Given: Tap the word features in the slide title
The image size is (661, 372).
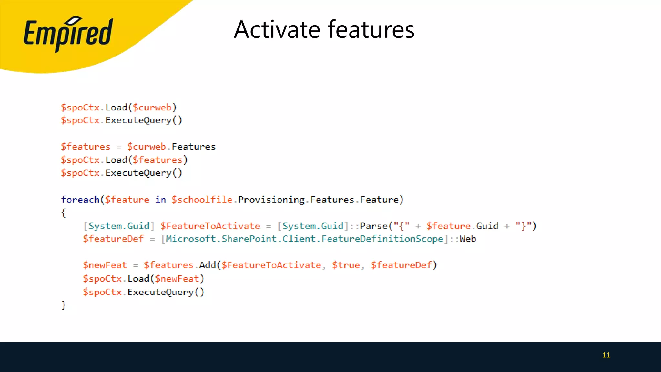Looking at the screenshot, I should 371,30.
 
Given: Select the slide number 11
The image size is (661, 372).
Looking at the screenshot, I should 606,355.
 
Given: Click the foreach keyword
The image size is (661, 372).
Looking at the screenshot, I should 80,200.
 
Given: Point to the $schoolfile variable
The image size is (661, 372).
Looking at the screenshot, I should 202,200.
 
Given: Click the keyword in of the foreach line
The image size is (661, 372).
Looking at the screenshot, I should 160,200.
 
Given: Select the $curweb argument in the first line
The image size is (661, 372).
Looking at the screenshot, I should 152,108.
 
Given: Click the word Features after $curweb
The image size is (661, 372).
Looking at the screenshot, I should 193,147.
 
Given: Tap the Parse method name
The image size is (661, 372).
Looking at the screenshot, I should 374,226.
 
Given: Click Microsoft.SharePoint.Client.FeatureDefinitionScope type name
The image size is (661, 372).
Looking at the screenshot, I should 304,239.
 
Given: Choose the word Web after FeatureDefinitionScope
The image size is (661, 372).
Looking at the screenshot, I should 468,239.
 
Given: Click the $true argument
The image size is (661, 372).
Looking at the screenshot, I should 346,265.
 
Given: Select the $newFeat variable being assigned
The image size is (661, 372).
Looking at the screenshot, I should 105,265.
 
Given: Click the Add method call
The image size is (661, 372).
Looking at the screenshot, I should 208,265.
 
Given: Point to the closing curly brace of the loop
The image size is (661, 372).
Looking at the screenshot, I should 64,305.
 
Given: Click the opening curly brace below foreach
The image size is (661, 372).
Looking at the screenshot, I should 64,213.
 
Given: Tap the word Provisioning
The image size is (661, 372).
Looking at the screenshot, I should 271,200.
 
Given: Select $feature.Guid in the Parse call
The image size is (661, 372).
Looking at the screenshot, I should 462,226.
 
